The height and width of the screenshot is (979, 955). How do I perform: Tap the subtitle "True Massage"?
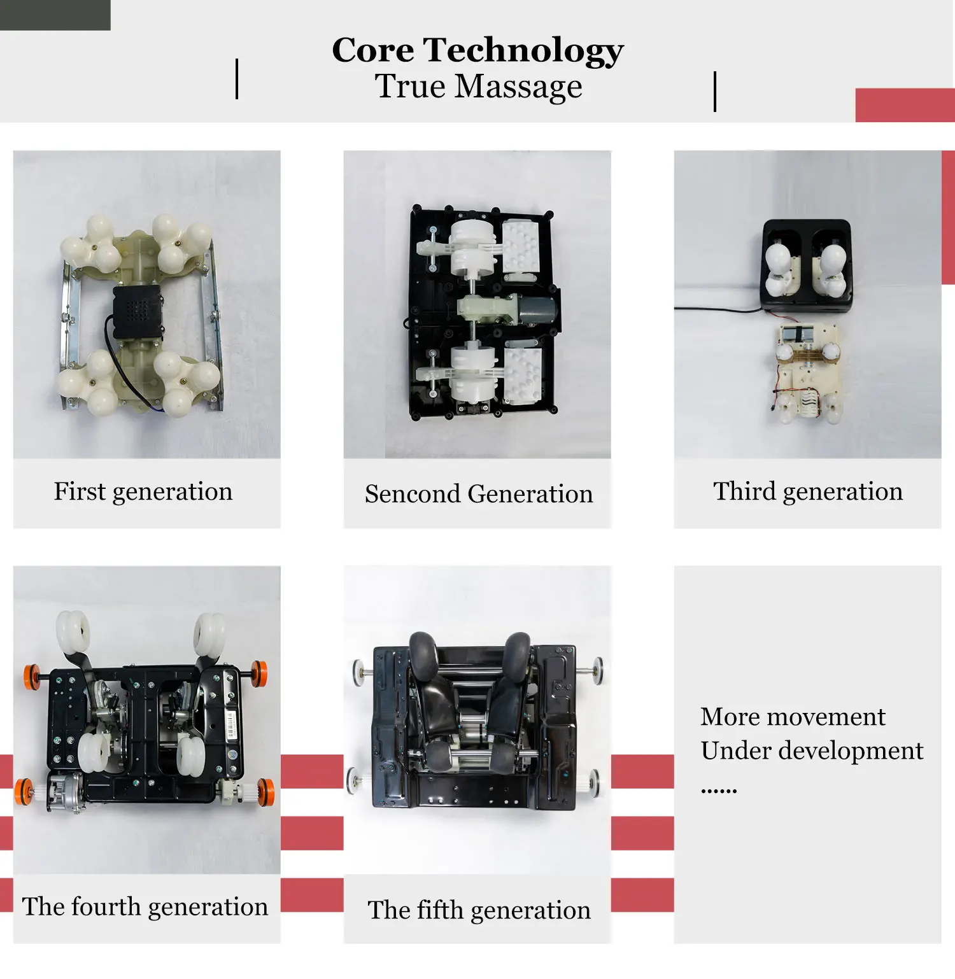click(x=478, y=87)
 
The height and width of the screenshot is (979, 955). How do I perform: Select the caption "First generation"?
click(x=143, y=492)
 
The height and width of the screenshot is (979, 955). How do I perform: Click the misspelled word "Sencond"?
click(x=412, y=494)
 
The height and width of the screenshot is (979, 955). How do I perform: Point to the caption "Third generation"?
click(x=807, y=492)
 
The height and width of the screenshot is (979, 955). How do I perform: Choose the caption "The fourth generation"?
click(x=145, y=907)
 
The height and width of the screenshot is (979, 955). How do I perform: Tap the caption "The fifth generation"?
click(x=479, y=910)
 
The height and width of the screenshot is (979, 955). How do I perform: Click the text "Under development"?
click(x=812, y=751)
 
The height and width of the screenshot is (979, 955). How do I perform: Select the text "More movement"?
click(x=793, y=717)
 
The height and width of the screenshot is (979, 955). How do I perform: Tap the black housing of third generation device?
click(x=807, y=265)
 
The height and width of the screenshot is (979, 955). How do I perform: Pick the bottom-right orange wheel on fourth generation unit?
click(x=266, y=791)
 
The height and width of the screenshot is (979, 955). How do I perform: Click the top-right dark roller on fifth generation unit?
click(x=517, y=652)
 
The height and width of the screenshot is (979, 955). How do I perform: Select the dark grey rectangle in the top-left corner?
click(x=55, y=15)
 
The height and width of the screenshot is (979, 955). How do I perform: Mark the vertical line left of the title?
click(x=237, y=79)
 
